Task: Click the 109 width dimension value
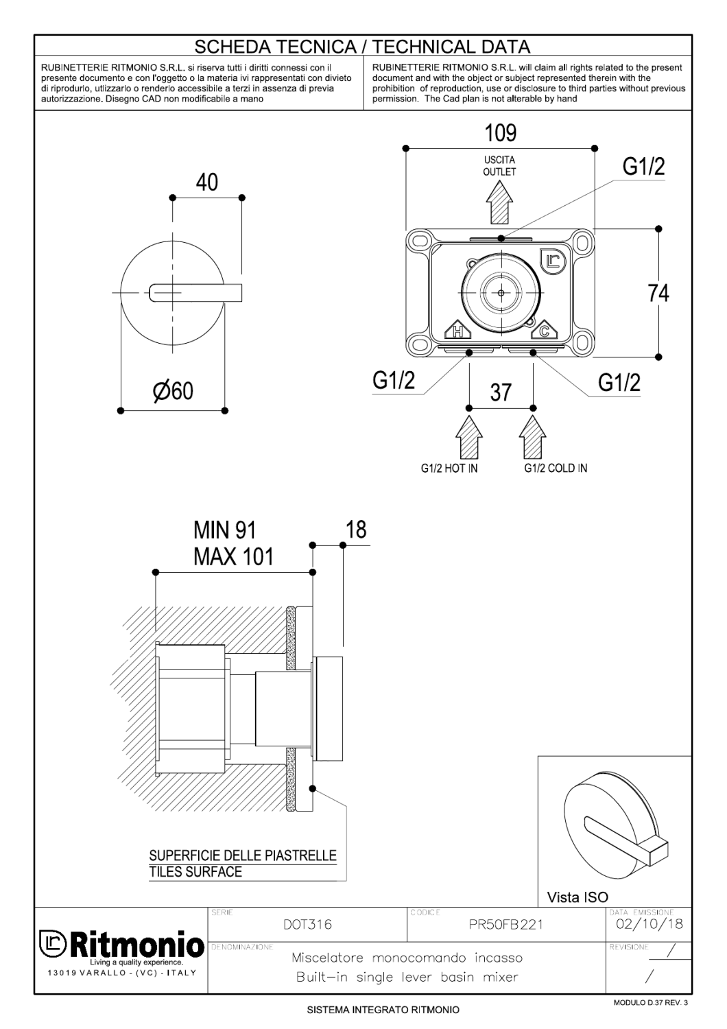click(x=500, y=133)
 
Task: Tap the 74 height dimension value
click(x=658, y=293)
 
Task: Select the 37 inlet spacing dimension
click(x=501, y=392)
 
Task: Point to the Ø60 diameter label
click(x=173, y=391)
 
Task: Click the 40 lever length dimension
click(x=206, y=182)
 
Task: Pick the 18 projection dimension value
click(x=356, y=530)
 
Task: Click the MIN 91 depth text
click(x=224, y=530)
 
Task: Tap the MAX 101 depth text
click(x=233, y=557)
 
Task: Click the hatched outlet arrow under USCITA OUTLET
click(x=499, y=202)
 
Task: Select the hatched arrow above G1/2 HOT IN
click(x=469, y=437)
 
